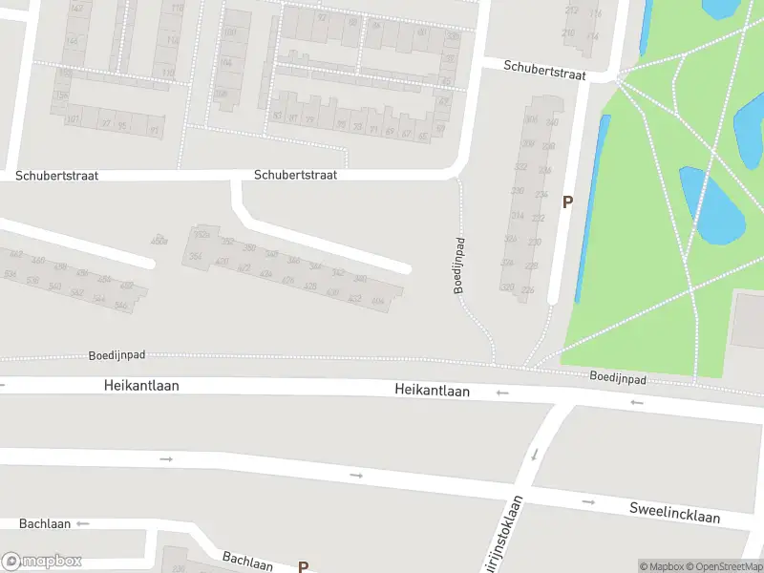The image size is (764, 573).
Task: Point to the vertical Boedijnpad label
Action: (459, 265)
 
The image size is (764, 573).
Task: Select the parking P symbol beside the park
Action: (567, 202)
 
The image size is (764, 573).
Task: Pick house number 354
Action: (195, 256)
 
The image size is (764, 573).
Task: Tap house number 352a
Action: (202, 235)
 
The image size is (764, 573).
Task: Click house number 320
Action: (508, 287)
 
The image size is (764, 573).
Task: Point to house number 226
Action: (527, 290)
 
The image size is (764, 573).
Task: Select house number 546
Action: (121, 306)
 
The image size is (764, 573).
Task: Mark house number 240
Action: (360, 279)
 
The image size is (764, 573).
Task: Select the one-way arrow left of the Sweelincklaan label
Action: (588, 501)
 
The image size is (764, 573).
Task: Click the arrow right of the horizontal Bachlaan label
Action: (82, 523)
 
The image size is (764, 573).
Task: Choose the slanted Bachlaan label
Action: (248, 561)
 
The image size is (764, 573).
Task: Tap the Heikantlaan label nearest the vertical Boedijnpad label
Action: (433, 391)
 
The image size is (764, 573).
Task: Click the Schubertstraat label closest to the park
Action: (544, 69)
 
